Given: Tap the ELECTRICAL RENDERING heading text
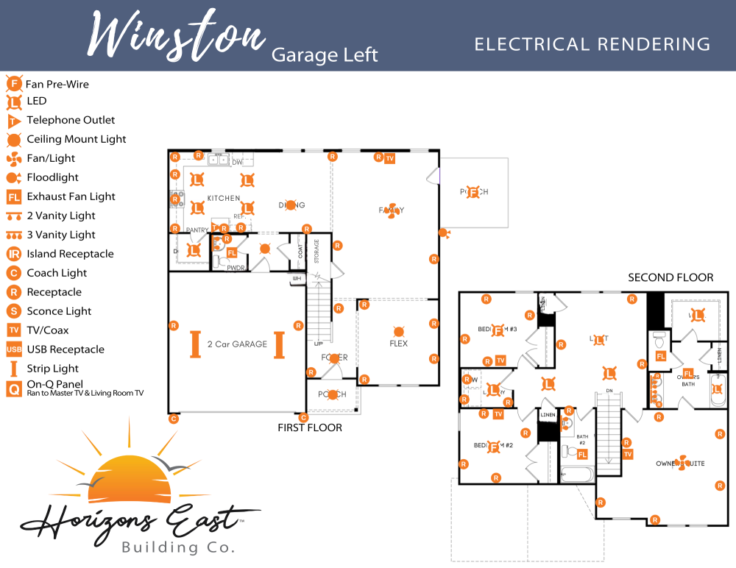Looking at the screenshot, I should pos(592,44).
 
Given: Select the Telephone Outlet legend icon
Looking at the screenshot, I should pos(13,121).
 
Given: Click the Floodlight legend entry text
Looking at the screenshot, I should pos(52,177).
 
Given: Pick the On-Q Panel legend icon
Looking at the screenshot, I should pos(13,388).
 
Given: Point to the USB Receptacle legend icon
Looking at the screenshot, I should pos(13,349).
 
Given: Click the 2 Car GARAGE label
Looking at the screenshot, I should pos(237,344).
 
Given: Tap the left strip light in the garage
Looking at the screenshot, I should pos(196,344).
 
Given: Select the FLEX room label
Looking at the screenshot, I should pos(398,344).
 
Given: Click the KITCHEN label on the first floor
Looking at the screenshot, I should pos(223,199).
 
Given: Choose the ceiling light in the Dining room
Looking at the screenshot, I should pos(291,205).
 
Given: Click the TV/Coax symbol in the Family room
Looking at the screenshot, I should pos(390,158).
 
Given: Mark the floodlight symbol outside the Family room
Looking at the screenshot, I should pos(444,232).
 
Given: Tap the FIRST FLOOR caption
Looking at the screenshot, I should pos(309,427).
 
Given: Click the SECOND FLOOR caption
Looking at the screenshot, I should pos(670,277).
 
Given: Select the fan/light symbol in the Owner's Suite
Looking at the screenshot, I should pos(681,462).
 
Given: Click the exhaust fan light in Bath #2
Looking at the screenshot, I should pos(582,455).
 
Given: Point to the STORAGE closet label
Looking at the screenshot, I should pos(317,251).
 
